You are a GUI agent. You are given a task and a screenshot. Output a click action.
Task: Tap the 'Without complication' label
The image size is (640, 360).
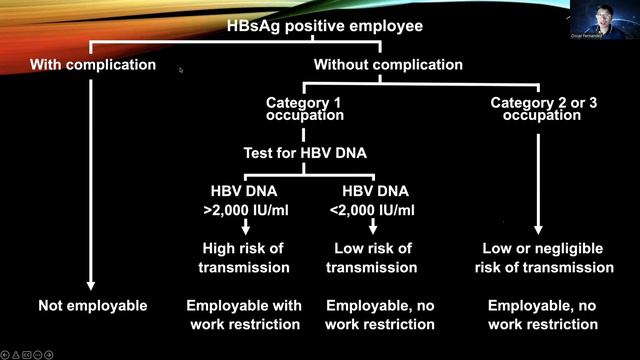click(x=388, y=65)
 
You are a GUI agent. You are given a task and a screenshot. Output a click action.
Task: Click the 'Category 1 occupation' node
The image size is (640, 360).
click(x=305, y=109)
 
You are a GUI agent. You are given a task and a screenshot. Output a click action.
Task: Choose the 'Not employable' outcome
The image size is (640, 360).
click(x=93, y=305)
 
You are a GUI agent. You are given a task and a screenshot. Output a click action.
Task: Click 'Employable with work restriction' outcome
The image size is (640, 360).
click(x=244, y=314)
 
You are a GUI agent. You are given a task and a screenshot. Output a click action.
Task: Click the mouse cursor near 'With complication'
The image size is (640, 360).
click(x=180, y=70)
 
